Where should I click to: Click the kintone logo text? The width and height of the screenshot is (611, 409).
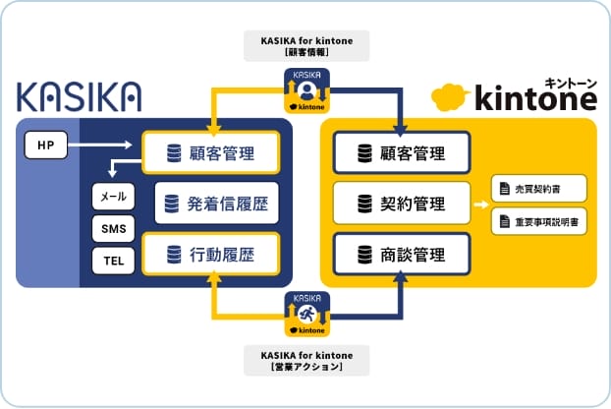[x=536, y=98]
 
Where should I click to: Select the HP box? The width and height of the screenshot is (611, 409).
[x=45, y=146]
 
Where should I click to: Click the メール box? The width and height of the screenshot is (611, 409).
[x=111, y=197]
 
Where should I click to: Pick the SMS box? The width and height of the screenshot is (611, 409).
[x=111, y=229]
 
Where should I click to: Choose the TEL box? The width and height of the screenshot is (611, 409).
[x=111, y=262]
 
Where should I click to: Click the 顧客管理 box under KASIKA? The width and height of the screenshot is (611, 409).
[x=211, y=153]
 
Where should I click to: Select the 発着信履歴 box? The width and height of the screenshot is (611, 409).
[x=217, y=204]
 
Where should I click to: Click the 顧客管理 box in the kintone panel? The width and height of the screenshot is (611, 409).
[x=402, y=153]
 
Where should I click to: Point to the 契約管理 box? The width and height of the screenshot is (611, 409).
[x=402, y=204]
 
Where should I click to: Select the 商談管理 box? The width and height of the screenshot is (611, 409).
[x=402, y=256]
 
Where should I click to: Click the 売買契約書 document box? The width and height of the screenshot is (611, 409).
[x=539, y=188]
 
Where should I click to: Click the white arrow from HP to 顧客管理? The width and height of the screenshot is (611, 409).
[x=103, y=146]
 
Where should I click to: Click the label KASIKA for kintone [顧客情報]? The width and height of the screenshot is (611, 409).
[x=306, y=45]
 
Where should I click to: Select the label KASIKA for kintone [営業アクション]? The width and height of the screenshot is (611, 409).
[x=306, y=360]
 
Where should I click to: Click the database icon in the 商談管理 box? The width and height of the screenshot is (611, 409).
[x=363, y=256]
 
